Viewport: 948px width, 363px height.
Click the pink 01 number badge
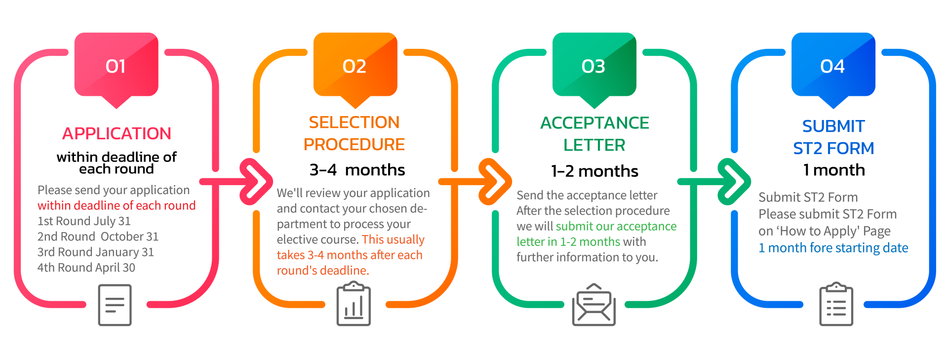pos(116,66)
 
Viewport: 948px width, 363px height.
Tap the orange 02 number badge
pos(355,66)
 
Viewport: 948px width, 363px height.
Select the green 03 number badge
pos(593,66)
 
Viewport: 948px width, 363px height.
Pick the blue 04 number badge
pos(832,66)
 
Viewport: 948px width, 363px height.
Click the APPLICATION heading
pos(117,133)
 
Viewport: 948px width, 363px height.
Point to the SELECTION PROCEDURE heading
pos(354,133)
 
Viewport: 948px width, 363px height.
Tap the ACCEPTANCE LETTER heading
pos(594,134)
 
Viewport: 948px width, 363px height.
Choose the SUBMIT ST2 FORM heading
pos(833,137)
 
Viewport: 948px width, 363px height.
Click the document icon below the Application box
pos(115,305)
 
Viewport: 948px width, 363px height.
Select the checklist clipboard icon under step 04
pos(836,305)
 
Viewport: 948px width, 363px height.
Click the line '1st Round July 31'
pos(84,221)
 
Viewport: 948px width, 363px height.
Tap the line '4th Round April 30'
pos(86,268)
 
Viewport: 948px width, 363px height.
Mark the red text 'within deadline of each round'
pos(117,205)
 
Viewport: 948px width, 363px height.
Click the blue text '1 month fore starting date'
pos(833,248)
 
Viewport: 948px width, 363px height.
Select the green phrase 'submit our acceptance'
pos(616,226)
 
